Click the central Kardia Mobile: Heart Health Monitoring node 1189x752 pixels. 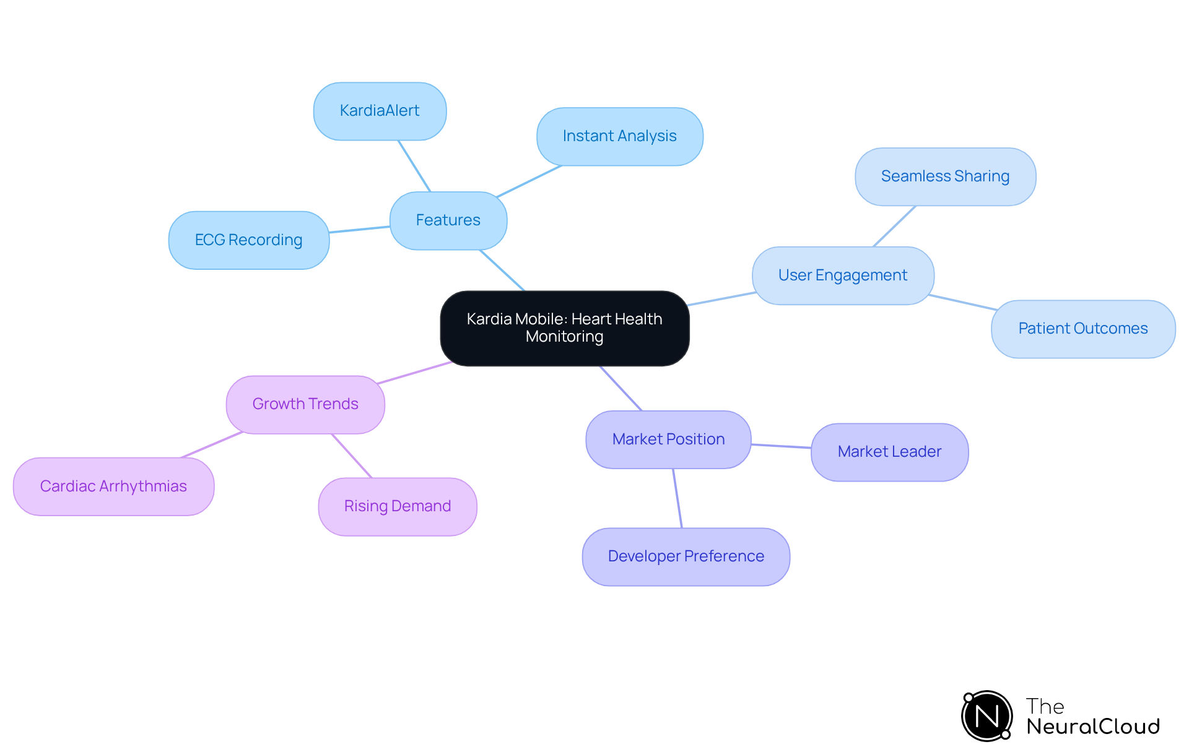(564, 328)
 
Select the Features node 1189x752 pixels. (448, 220)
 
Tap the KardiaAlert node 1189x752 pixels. (380, 111)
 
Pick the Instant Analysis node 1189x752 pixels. (619, 136)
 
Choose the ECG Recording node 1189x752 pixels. (248, 240)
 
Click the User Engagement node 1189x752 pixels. (842, 275)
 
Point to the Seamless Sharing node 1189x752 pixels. (945, 176)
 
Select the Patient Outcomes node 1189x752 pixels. (1082, 329)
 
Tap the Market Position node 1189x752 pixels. (668, 439)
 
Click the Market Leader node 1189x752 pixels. (889, 452)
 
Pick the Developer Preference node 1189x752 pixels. (686, 556)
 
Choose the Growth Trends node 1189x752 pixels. (305, 404)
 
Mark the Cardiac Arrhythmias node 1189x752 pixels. (113, 486)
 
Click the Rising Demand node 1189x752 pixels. (397, 506)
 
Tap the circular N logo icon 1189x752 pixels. (986, 716)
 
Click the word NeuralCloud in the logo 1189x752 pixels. (1092, 727)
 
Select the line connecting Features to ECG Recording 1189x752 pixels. (359, 230)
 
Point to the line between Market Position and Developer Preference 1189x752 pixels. (677, 498)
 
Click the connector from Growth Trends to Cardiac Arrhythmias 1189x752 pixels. (211, 445)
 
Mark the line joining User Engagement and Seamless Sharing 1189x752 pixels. (894, 226)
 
